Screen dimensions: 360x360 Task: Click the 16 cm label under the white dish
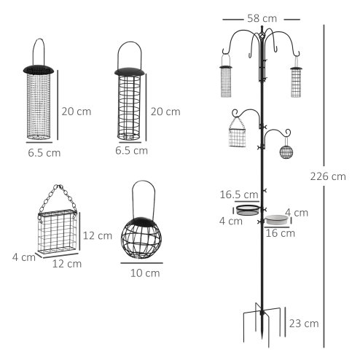point(281,234)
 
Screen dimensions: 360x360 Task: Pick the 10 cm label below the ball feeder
point(144,273)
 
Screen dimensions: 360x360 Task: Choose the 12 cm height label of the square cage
point(98,235)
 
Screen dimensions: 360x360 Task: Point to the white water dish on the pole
point(277,219)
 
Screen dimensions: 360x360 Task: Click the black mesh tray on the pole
point(249,210)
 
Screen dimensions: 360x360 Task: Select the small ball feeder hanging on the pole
point(286,152)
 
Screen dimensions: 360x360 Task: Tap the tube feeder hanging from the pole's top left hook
point(225,81)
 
